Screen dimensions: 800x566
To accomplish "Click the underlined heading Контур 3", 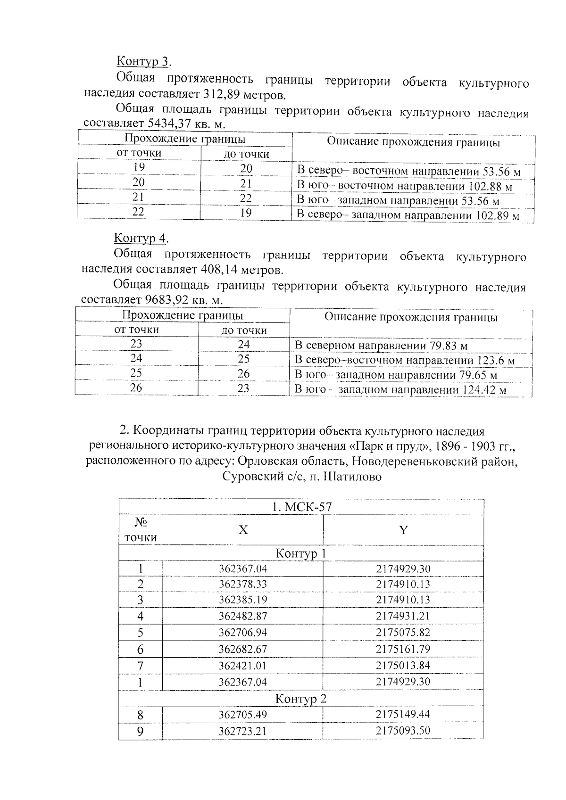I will pyautogui.click(x=143, y=62).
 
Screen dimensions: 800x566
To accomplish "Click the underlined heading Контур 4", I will pyautogui.click(x=141, y=238).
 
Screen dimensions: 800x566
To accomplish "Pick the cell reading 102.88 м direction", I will pyautogui.click(x=404, y=186).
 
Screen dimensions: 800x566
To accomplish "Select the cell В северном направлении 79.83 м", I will pyautogui.click(x=381, y=346).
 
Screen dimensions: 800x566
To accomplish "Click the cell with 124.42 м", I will pyautogui.click(x=400, y=390).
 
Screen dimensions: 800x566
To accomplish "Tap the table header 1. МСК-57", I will pyautogui.click(x=301, y=507).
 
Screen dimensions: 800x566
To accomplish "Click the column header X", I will pyautogui.click(x=243, y=530).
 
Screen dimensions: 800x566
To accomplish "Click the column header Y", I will pyautogui.click(x=403, y=530).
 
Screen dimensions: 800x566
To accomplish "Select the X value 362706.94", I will pyautogui.click(x=243, y=633).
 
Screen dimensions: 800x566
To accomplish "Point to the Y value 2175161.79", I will pyautogui.click(x=403, y=649).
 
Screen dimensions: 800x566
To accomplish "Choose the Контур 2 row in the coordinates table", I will pyautogui.click(x=301, y=699).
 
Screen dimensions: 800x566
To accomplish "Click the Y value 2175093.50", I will pyautogui.click(x=403, y=731).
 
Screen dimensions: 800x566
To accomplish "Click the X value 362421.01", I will pyautogui.click(x=243, y=666).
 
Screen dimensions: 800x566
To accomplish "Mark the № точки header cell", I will pyautogui.click(x=141, y=530).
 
